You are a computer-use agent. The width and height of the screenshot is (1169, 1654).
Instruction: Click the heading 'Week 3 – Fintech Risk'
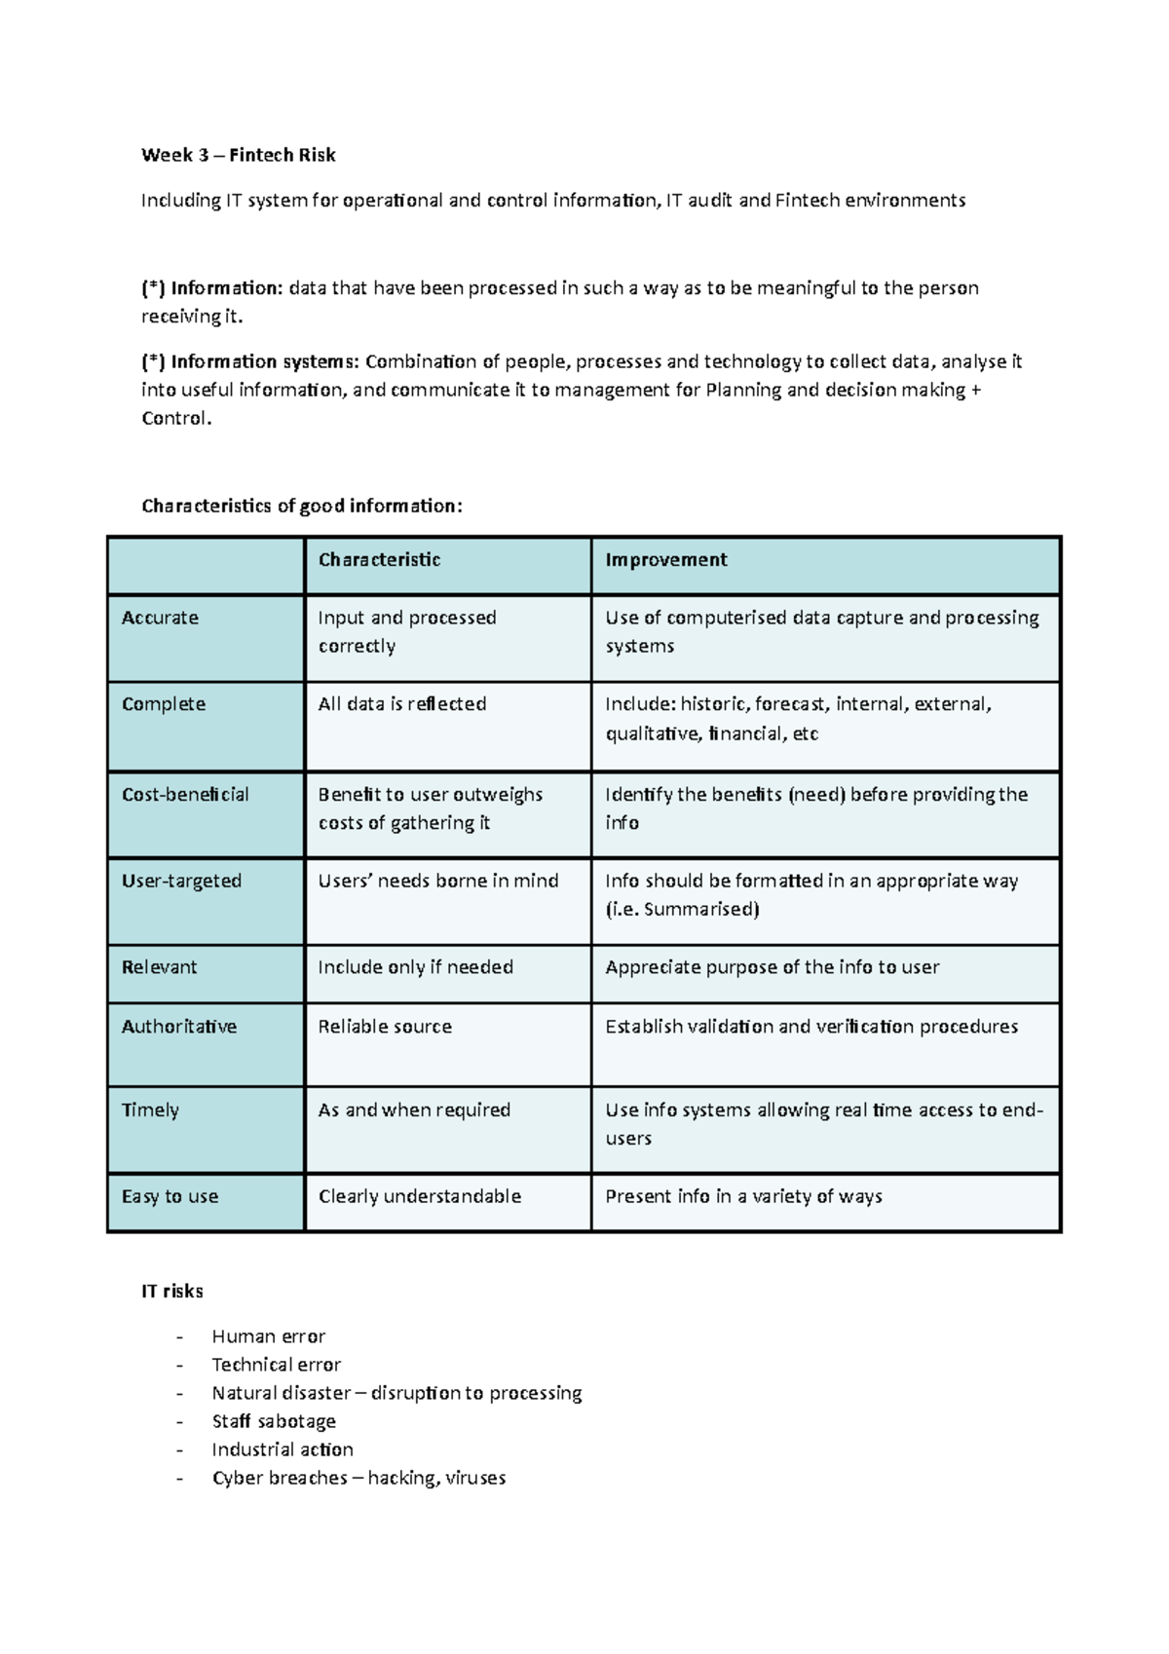238,155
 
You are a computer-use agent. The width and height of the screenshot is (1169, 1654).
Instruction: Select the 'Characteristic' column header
379,560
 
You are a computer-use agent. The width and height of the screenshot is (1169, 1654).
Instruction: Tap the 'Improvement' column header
665,560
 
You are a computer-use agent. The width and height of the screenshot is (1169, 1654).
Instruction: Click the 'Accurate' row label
160,618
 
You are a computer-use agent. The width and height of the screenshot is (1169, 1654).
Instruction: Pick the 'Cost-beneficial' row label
185,795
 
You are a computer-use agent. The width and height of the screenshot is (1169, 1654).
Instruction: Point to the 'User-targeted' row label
181,881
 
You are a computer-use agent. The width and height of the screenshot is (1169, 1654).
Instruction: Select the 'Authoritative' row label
179,1027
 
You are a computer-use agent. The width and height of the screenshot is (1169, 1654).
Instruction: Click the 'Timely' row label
150,1110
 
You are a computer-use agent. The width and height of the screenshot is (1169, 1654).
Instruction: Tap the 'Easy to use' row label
170,1196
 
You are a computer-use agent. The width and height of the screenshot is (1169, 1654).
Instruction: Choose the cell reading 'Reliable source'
385,1027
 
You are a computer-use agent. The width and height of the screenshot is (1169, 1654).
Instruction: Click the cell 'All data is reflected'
402,704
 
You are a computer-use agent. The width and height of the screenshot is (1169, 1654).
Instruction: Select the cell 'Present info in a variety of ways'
743,1196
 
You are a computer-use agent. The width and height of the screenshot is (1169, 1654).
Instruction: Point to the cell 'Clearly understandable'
420,1196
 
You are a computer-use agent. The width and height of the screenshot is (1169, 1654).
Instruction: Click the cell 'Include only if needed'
416,967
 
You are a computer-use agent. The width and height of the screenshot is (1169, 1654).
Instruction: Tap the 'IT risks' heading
172,1292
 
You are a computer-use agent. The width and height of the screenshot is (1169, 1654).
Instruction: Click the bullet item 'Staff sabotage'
274,1421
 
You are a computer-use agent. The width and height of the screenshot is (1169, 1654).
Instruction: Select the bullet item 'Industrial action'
283,1449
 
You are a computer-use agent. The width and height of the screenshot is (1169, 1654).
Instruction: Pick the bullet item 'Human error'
269,1336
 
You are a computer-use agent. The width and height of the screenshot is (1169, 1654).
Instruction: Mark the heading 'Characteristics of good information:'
302,506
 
